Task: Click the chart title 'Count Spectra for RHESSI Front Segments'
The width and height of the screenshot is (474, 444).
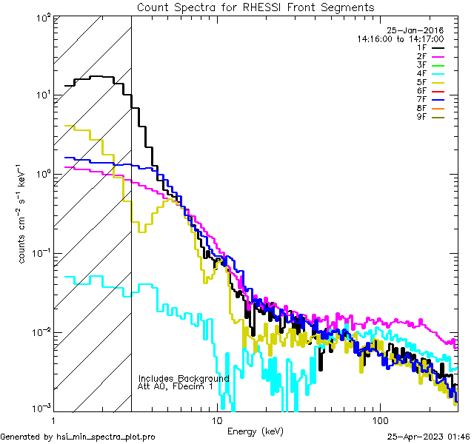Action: point(256,7)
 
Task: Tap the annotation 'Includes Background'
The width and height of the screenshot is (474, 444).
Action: point(184,378)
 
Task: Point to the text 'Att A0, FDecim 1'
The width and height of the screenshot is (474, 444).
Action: point(176,386)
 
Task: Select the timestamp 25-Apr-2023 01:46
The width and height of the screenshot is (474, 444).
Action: point(429,437)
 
